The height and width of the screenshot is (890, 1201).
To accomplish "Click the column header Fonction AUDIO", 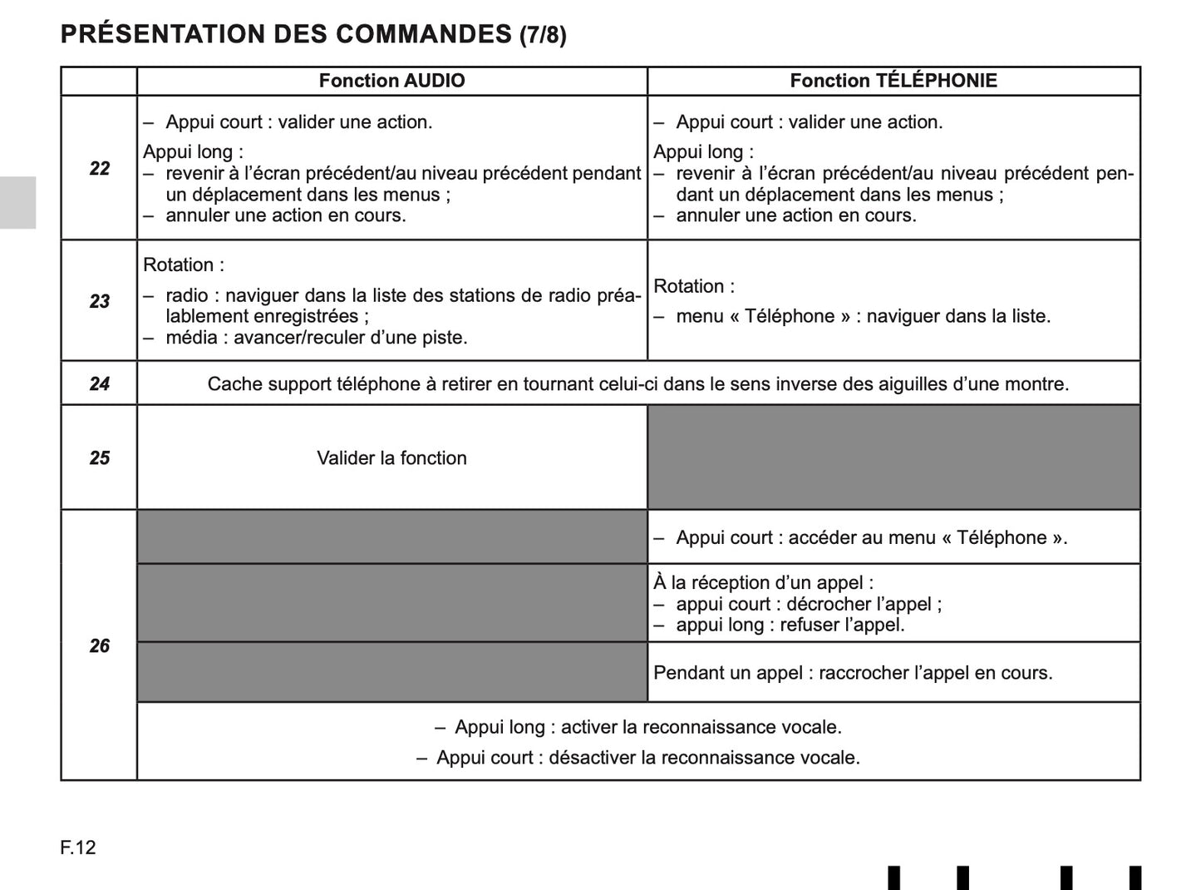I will point(391,81).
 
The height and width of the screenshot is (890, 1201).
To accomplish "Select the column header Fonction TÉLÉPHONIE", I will point(893,81).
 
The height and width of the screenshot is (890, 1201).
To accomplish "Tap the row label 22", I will point(99,169).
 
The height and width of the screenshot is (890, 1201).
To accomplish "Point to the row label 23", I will point(99,301).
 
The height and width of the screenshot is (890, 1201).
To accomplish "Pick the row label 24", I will point(99,383).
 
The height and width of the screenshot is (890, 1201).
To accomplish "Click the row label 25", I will point(99,458).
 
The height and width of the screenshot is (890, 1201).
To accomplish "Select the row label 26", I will point(99,646).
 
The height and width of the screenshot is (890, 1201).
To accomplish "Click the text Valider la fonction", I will point(391,458).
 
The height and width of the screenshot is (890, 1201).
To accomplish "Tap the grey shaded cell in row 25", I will point(893,457).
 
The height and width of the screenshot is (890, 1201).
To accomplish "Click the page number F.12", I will point(78,848).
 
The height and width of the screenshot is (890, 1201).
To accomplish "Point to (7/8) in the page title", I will point(543,36).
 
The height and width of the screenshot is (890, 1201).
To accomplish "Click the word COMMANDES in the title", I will point(423,34).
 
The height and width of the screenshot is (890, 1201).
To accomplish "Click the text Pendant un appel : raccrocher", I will point(853,673).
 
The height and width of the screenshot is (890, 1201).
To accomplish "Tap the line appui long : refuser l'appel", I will point(790,625).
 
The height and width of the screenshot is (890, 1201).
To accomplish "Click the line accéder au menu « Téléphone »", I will point(871,538).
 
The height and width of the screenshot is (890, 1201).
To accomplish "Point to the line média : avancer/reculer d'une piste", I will point(316,338).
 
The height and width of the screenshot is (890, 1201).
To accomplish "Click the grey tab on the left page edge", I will point(17,202).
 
